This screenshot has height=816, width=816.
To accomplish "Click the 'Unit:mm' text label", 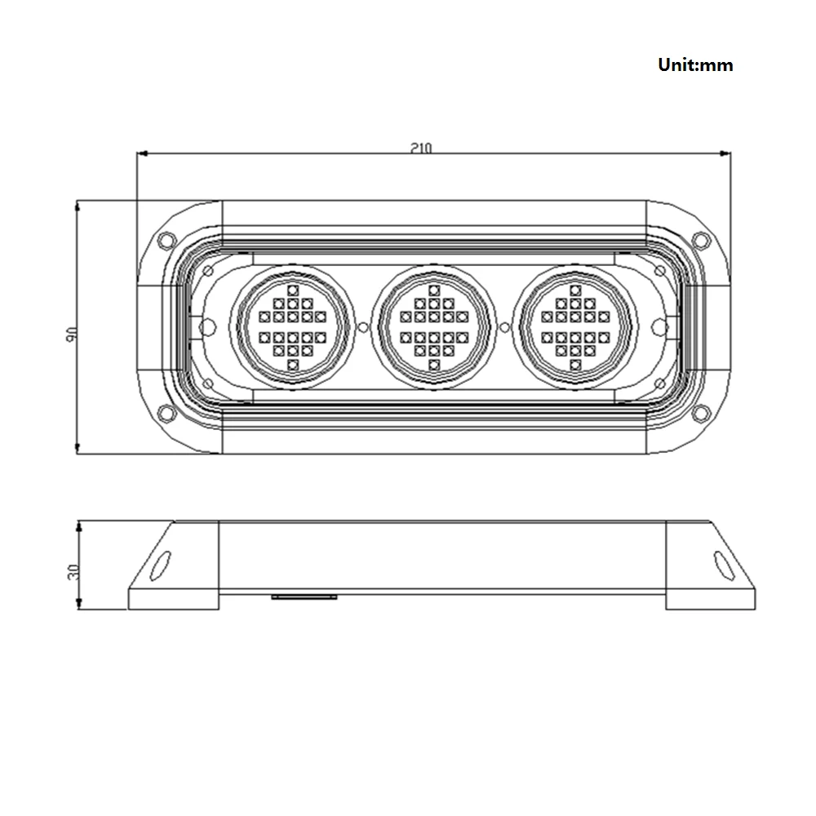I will tap(695, 65).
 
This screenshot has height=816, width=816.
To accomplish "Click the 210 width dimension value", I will tap(421, 148).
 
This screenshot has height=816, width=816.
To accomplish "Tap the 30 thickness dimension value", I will tap(72, 570).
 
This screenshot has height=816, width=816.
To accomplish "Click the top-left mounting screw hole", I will tap(166, 241).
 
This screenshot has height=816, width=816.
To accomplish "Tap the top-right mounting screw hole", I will tap(700, 241).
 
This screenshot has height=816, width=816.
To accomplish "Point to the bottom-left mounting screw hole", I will tap(166, 413).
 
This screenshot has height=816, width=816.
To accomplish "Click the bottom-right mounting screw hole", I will tap(700, 413).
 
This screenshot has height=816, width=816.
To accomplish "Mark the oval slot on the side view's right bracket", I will tap(722, 563).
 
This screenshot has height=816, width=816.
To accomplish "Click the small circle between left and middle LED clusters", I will tap(363, 326).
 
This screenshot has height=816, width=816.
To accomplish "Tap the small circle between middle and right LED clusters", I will tap(504, 326).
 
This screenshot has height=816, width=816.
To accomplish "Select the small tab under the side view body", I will tap(304, 596).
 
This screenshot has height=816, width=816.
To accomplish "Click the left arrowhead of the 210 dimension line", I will tap(141, 153).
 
